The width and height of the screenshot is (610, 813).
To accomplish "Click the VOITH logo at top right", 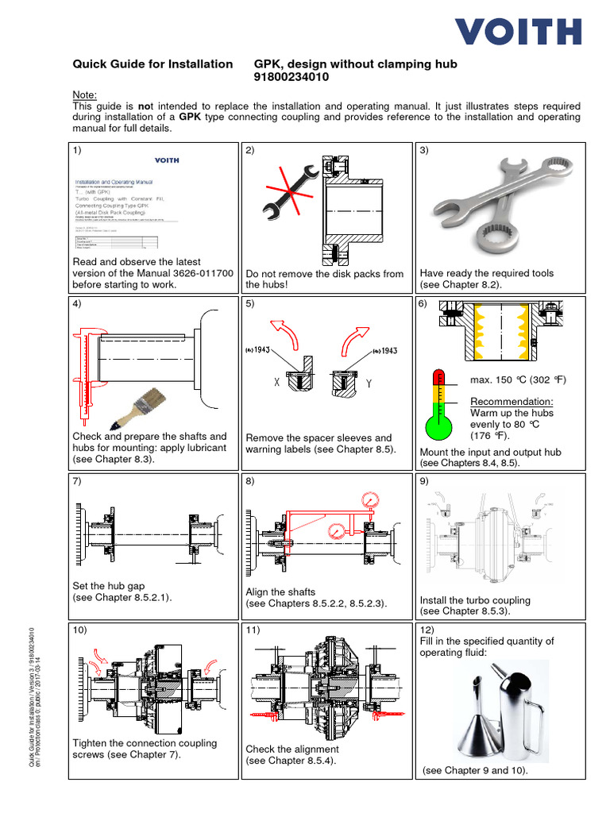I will click(518, 31).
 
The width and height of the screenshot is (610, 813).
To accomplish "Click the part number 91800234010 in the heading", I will click(291, 78).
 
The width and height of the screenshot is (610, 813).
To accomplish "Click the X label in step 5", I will click(276, 382).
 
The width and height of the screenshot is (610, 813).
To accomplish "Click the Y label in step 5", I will click(367, 382).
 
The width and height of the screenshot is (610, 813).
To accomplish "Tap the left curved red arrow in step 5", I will click(288, 334).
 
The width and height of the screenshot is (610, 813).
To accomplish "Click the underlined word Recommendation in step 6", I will click(512, 401).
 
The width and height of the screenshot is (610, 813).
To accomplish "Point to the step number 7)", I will click(78, 481).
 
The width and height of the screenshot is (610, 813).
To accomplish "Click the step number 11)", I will click(253, 630).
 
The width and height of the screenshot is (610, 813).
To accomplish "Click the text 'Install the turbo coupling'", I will click(474, 600).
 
